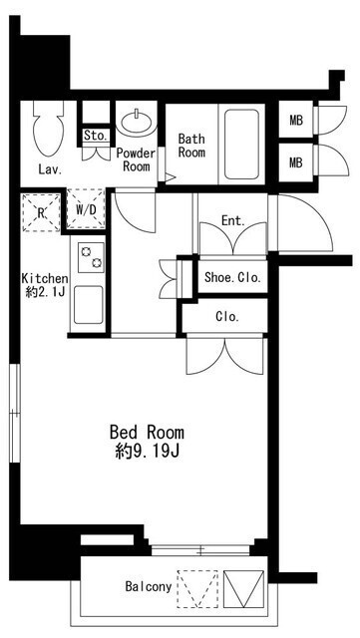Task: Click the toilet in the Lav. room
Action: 49,129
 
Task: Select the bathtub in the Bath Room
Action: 241,144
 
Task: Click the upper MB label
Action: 296,121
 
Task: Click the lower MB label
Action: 296,162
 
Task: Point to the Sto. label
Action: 97,136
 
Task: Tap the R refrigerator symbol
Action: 41,212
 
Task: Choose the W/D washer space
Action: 86,209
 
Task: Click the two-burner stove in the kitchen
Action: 91,257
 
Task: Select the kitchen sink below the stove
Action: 89,305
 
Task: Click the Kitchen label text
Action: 45,279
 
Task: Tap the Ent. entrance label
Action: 233,221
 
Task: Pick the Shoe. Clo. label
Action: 232,278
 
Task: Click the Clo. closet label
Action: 227,316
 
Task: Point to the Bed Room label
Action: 147,432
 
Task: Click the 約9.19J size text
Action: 148,452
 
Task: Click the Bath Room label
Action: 191,146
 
